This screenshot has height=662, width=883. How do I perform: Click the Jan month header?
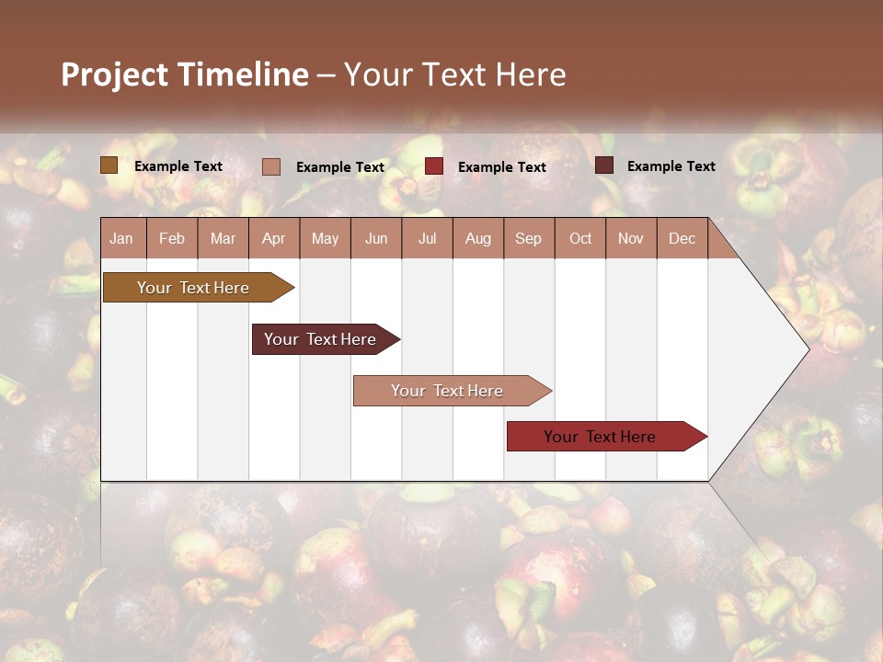coord(121,238)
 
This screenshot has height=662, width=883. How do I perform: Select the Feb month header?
coord(172,238)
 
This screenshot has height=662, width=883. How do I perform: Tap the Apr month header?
coord(273,238)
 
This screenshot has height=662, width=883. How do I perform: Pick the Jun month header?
coord(376,238)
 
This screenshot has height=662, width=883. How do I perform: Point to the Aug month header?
coord(477,238)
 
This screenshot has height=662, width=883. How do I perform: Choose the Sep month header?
coord(528,238)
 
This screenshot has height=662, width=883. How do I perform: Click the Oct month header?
coord(579,238)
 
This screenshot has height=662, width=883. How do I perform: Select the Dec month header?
coord(682,238)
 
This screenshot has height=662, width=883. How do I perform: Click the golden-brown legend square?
coord(109,165)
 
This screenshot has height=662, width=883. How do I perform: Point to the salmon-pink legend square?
coord(271,166)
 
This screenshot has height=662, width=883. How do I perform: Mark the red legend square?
coord(434,166)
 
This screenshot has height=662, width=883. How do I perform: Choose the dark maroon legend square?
coord(603,165)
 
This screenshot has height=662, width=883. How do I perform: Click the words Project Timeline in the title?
coord(185,74)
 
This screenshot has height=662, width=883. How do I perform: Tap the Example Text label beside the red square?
coord(501,167)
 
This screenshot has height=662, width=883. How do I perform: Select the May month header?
coord(325,238)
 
